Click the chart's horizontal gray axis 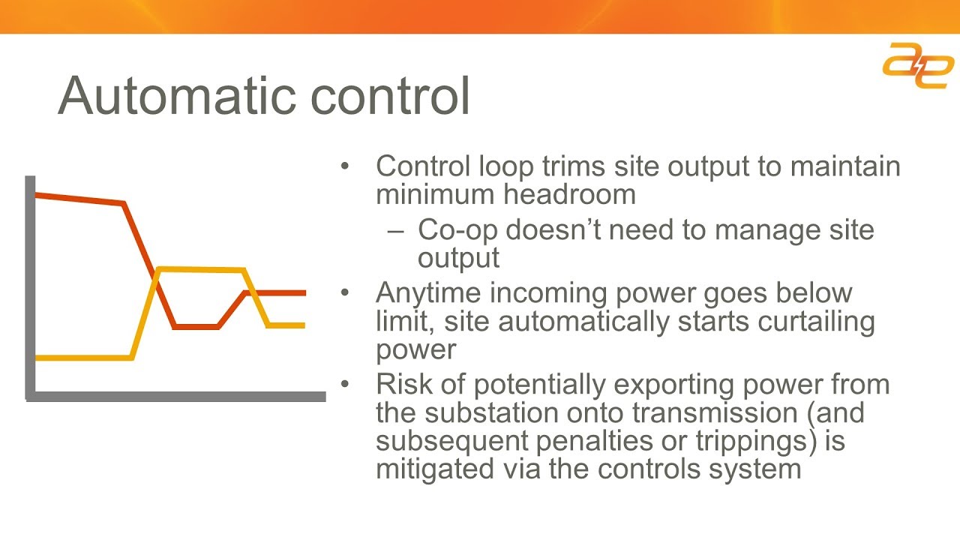[177, 396]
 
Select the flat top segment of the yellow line [199, 268]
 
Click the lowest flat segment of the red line [196, 326]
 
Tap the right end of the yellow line [303, 325]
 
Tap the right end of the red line [303, 292]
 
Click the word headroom [569, 195]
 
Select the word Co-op [457, 229]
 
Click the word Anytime [430, 292]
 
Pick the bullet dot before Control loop [344, 166]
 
